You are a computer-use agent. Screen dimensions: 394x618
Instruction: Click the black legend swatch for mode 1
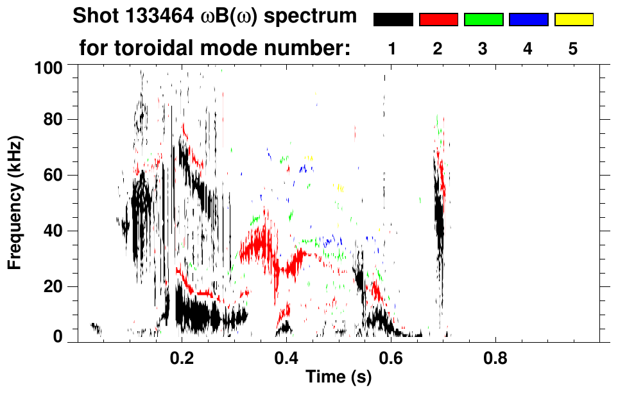point(393,20)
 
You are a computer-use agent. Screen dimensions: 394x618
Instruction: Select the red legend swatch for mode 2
point(438,20)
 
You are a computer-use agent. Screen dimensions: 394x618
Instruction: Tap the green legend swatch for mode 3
point(483,20)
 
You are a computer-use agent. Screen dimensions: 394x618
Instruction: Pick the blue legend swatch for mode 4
point(528,20)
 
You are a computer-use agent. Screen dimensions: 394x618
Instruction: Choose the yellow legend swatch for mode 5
point(573,20)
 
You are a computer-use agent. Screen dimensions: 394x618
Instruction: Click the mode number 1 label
point(392,49)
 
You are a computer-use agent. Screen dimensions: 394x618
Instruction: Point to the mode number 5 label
point(572,49)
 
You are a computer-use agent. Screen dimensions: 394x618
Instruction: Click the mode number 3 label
point(483,49)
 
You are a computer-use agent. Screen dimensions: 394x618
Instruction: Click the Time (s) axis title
point(338,378)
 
